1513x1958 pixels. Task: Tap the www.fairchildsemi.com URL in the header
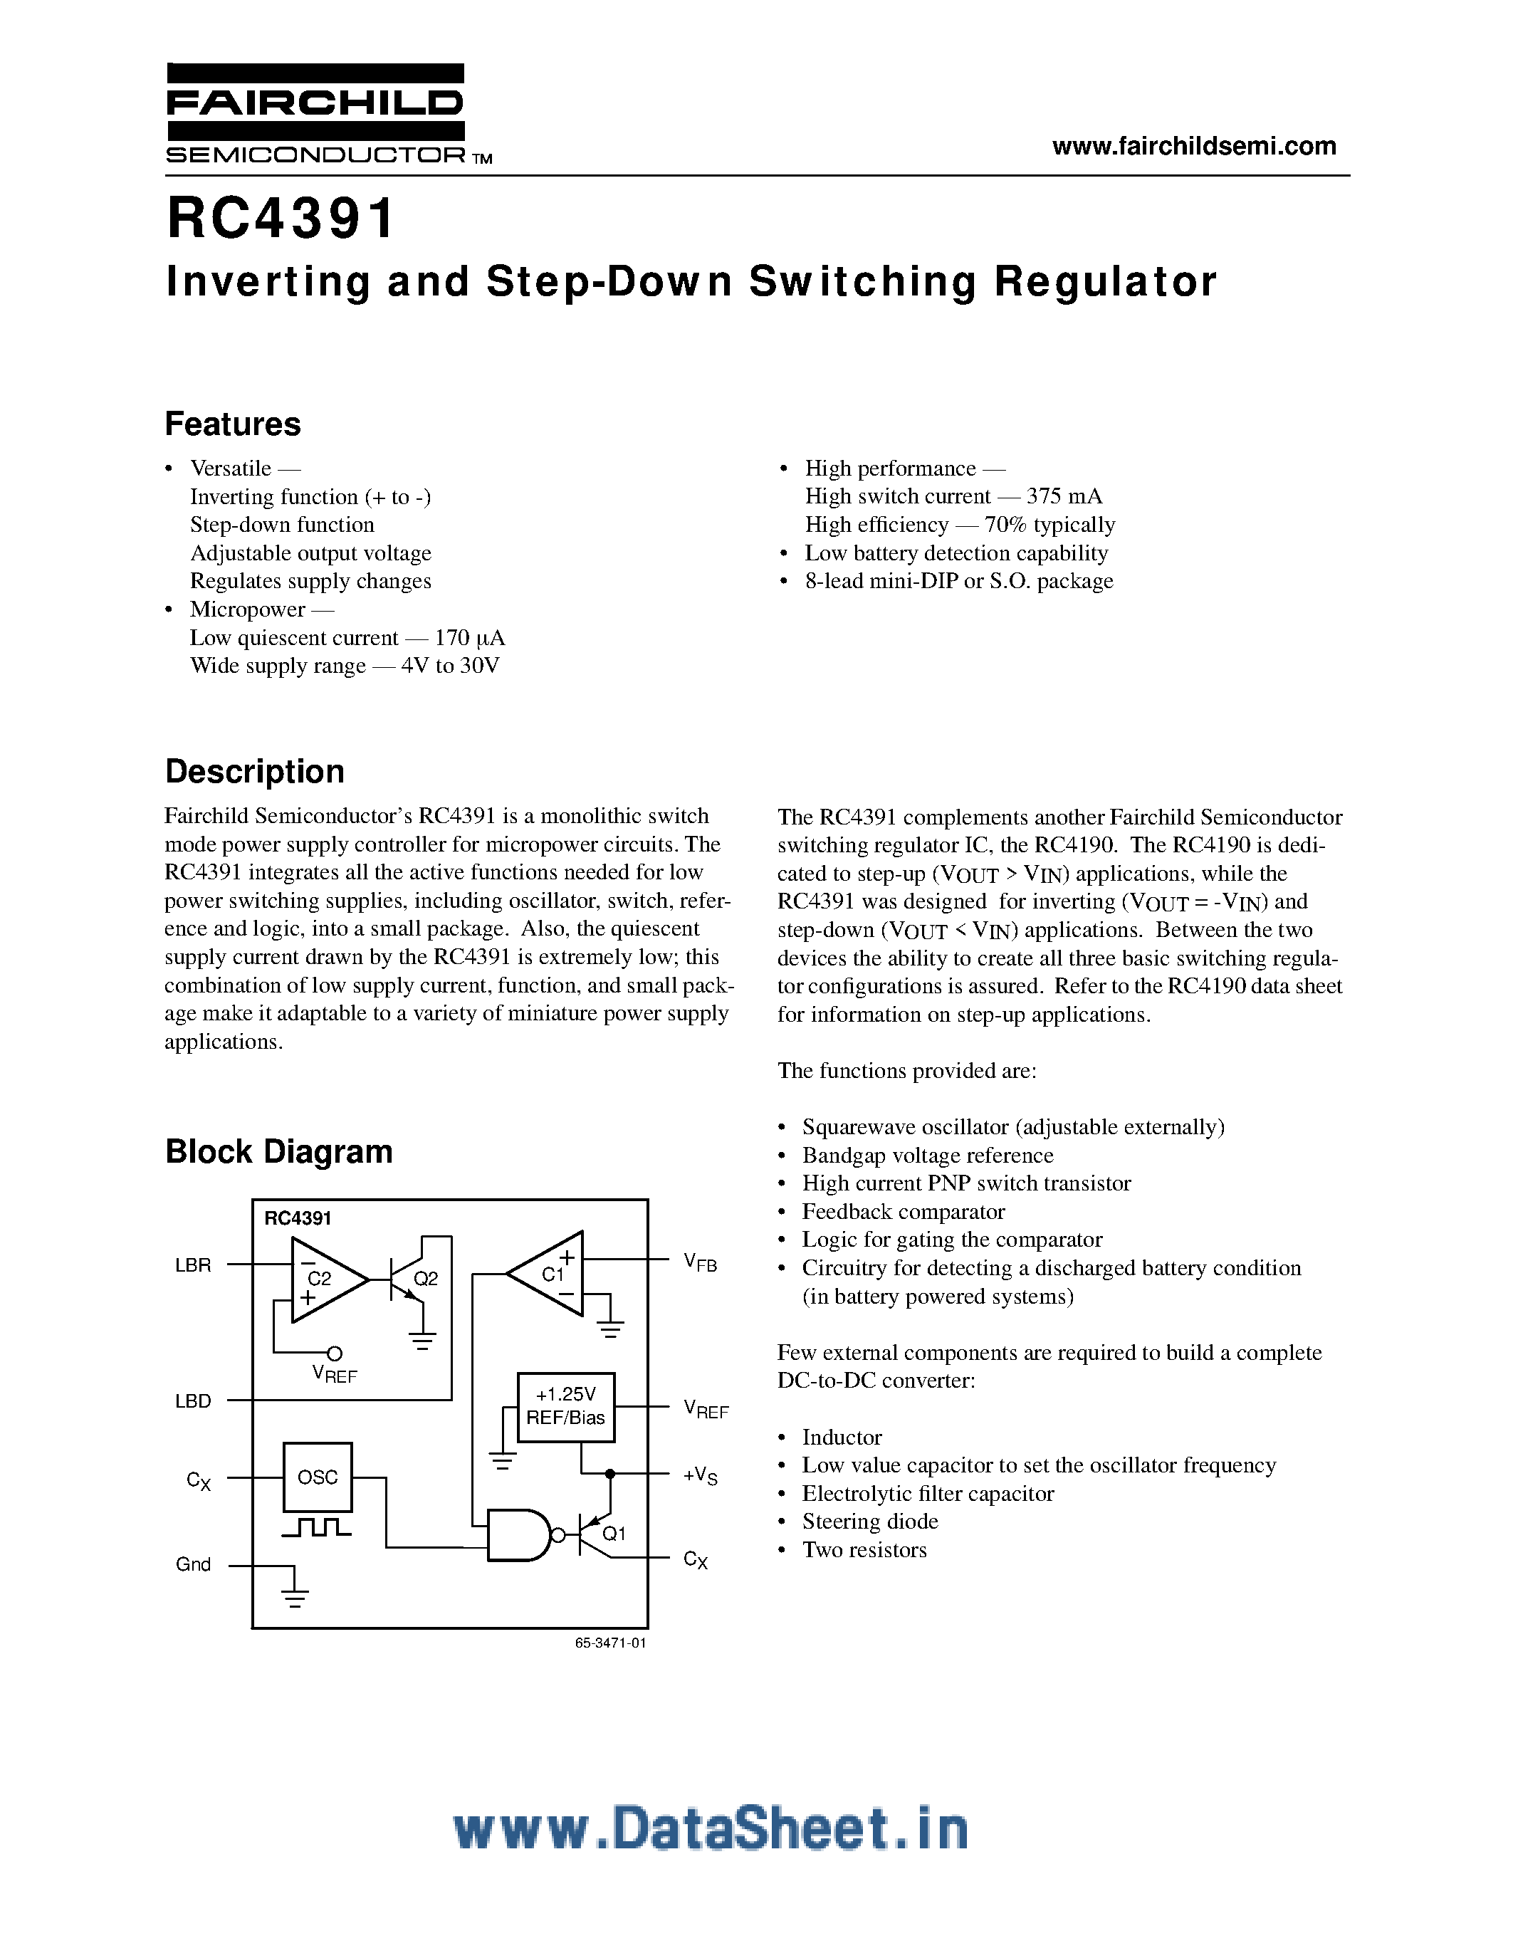click(1193, 146)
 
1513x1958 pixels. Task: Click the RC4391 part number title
click(281, 219)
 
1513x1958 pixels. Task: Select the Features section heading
click(233, 424)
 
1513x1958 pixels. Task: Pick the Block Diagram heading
click(279, 1151)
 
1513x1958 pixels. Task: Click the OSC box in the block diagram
click(318, 1477)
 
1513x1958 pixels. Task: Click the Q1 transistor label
click(614, 1533)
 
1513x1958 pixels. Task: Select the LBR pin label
click(193, 1265)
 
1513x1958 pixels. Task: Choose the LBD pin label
click(193, 1401)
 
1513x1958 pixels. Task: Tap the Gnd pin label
click(193, 1564)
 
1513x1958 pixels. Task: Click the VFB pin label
click(700, 1263)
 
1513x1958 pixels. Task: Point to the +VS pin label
click(700, 1475)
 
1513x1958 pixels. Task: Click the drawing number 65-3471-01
click(610, 1643)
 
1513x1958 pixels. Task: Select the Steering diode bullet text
click(869, 1522)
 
